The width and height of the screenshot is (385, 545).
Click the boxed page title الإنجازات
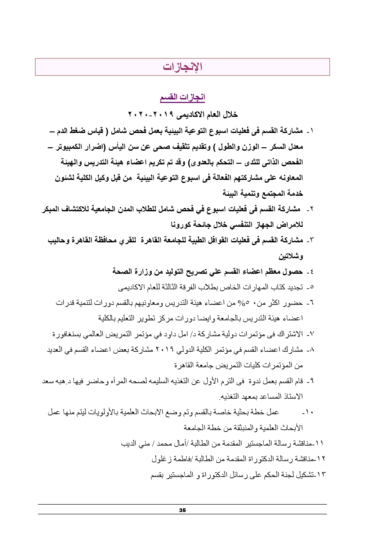(182, 67)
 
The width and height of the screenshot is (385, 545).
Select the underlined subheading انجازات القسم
(182, 98)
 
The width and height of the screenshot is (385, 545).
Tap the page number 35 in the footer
(182, 510)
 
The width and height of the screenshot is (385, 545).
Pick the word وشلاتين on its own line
(291, 257)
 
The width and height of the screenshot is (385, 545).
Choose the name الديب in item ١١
(129, 443)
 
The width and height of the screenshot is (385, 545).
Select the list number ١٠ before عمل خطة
(308, 413)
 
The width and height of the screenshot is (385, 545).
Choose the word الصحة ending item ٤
(122, 272)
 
